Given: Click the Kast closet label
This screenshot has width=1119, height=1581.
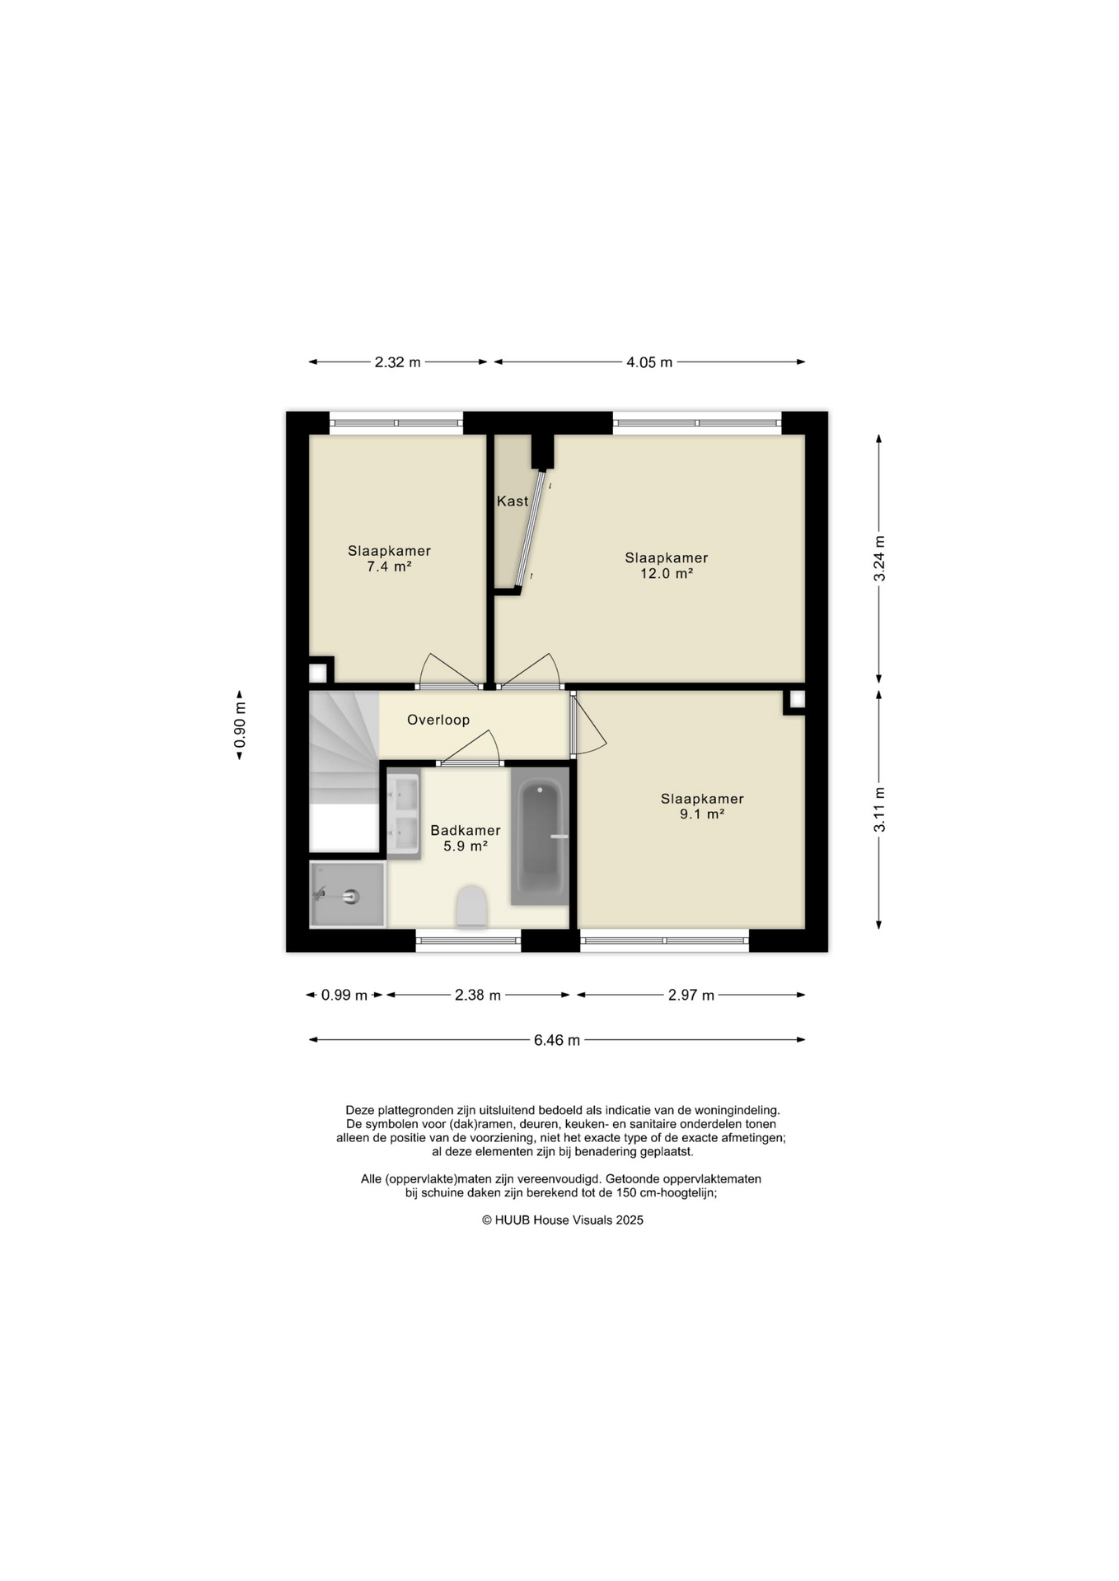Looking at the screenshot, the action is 513,501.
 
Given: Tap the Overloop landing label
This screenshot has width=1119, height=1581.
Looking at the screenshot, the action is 438,720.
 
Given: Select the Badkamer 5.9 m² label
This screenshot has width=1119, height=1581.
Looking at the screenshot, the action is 466,837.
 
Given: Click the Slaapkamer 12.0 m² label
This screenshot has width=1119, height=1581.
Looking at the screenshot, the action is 667,565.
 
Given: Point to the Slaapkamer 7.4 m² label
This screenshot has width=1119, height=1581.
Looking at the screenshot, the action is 389,558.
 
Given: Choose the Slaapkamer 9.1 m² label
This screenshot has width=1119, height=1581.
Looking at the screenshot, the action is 702,806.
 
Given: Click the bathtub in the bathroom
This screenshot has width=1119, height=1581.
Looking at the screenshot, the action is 540,837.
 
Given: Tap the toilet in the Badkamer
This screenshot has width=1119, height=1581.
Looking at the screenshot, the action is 471,906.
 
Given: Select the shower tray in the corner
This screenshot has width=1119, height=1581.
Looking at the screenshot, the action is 347,894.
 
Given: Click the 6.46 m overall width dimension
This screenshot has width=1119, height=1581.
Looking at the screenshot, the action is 557,1040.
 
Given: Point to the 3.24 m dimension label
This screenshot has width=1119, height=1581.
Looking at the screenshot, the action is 879,558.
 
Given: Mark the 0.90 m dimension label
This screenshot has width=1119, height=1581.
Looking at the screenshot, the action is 240,725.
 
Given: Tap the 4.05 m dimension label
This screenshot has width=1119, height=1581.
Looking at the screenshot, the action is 649,361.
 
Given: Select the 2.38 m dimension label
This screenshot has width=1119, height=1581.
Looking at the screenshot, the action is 478,995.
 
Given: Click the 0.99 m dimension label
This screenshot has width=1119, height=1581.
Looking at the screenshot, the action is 344,995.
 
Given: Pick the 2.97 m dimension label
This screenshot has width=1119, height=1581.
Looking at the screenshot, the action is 691,995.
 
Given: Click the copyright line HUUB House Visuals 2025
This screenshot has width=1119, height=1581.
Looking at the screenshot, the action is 563,1220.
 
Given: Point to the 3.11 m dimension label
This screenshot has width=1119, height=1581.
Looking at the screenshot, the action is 879,809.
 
